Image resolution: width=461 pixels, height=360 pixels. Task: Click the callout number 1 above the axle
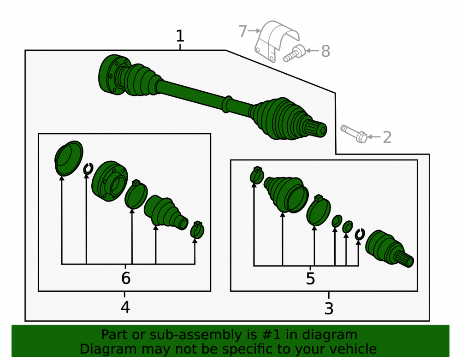point(180,36)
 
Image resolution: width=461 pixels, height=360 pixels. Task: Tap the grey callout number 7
point(242,31)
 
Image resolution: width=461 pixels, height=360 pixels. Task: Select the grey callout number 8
point(325,51)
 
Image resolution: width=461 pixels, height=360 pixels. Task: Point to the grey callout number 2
point(387,137)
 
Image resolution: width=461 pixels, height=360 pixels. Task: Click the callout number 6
point(126,278)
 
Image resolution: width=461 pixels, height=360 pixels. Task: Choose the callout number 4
point(125,307)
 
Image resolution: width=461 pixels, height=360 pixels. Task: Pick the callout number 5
point(310,278)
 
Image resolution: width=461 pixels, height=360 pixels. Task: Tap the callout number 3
point(329,308)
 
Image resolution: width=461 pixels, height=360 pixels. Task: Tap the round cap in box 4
point(69,158)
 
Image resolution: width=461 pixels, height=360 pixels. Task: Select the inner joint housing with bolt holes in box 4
point(109,181)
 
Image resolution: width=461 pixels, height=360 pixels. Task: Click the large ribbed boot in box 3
point(286,194)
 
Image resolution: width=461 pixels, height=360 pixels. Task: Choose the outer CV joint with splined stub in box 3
point(389,249)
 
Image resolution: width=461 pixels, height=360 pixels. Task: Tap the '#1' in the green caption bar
point(272,335)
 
